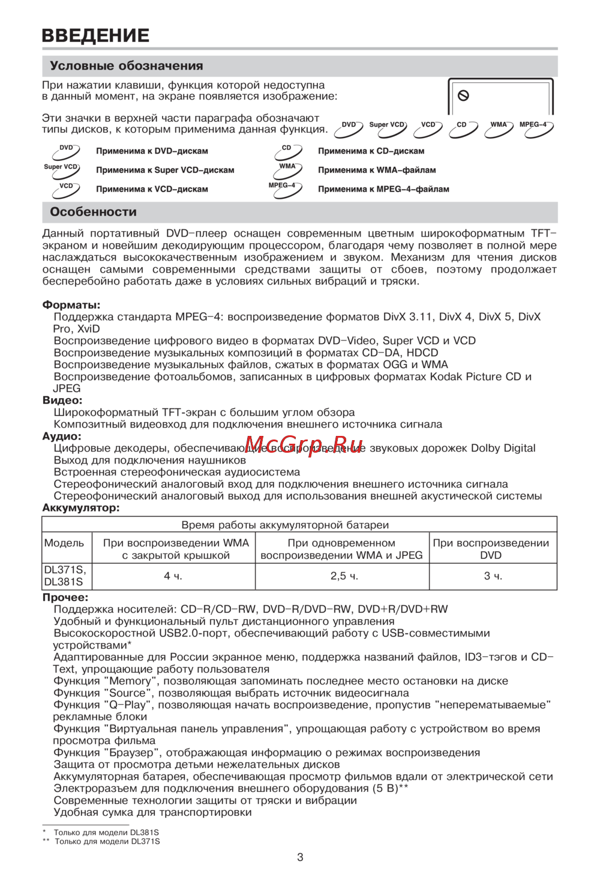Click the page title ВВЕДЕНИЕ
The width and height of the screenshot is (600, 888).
coord(95,35)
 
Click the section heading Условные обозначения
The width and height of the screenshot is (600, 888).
coord(126,66)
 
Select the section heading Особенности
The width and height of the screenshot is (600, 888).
coord(93,212)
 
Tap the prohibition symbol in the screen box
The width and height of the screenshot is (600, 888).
coord(463,95)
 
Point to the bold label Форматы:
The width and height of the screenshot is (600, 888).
coord(71,305)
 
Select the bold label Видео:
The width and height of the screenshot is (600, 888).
coord(62,400)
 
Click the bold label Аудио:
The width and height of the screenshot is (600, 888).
coord(62,436)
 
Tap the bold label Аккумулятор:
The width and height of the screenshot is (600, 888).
coord(81,508)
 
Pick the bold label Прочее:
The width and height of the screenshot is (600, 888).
coord(65,597)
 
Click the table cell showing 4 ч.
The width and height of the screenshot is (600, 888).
coord(173,576)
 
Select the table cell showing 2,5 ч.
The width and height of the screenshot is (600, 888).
coord(344,576)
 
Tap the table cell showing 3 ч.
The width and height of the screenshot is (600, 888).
coord(493,576)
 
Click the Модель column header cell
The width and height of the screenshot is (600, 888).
coord(64,543)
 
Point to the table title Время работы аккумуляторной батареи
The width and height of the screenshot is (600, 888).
coord(285,525)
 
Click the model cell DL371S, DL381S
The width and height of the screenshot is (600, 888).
coord(65,576)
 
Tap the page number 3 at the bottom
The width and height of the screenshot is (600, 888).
coord(300,857)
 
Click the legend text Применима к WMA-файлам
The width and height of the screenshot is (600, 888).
coord(377,171)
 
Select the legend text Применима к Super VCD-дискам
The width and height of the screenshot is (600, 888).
coord(165,171)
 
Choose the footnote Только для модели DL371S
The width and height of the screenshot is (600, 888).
coord(107,842)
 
